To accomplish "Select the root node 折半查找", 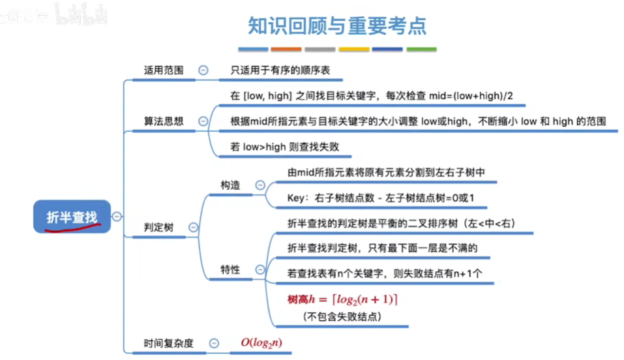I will click(x=71, y=218).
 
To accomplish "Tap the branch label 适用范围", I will click(x=163, y=70).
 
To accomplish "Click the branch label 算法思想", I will click(x=163, y=121).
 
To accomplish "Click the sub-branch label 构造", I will click(x=230, y=185).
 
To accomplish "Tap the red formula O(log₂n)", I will click(x=261, y=342).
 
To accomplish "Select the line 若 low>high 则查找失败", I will click(x=284, y=147).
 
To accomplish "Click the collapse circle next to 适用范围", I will click(x=203, y=70).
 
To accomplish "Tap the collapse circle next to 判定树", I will click(x=193, y=227).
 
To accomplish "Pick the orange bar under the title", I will click(x=286, y=49).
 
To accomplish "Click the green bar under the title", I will click(x=421, y=49).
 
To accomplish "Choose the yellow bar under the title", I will click(x=354, y=49).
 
